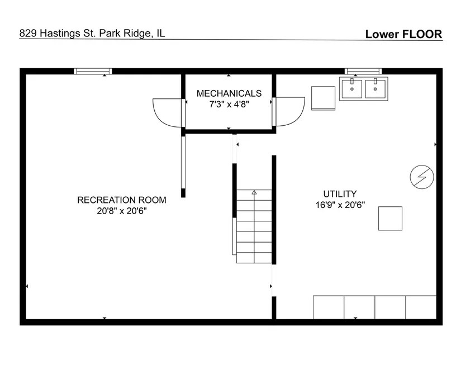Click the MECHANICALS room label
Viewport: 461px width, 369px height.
(x=229, y=93)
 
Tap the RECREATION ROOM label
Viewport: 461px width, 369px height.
(x=122, y=200)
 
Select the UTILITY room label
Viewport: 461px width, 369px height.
(x=340, y=194)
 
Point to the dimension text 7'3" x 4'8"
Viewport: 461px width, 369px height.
(x=229, y=104)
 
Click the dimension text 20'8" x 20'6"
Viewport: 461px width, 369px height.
(x=122, y=211)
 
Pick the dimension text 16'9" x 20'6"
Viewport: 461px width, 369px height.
(x=340, y=205)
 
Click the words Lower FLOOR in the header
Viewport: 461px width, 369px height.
(x=403, y=34)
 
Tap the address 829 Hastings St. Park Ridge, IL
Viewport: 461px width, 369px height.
(x=92, y=33)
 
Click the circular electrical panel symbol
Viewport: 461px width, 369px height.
(x=422, y=177)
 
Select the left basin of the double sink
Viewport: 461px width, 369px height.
(x=352, y=89)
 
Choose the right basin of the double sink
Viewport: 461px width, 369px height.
(x=375, y=89)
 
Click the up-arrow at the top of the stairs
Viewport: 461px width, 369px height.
(x=254, y=192)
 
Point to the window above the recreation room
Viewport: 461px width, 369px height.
(x=93, y=71)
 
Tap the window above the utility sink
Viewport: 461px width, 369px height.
(x=363, y=71)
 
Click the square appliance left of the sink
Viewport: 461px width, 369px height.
(x=323, y=98)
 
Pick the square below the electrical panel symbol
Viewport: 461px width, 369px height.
(x=390, y=219)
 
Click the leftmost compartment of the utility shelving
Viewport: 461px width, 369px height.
(x=329, y=307)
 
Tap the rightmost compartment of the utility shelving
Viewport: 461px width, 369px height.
(x=421, y=307)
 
